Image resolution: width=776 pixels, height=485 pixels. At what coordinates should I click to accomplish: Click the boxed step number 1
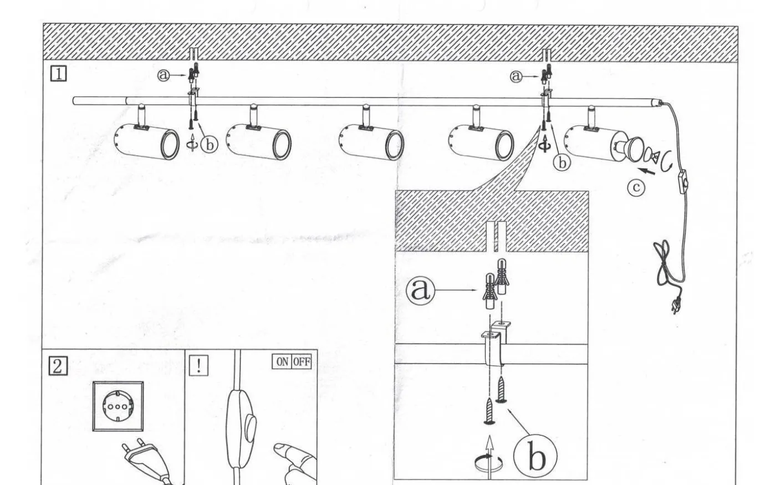59,74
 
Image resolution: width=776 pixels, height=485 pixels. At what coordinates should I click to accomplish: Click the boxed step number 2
58,366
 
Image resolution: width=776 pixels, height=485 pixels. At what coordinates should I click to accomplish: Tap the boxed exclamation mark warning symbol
199,366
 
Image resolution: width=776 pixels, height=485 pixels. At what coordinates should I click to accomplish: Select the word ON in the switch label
282,361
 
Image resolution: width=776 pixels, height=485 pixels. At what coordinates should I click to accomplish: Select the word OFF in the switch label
302,361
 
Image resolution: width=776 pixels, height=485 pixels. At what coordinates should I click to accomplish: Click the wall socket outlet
118,406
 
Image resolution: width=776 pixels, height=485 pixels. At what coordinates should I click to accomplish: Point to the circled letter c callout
636,187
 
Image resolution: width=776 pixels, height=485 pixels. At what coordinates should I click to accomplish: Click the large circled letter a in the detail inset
420,290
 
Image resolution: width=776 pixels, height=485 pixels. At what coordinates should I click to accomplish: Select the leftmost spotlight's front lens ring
170,144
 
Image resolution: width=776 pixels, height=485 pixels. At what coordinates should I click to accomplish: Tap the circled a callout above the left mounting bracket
164,75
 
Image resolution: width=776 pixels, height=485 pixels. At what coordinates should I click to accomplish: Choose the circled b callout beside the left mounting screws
210,145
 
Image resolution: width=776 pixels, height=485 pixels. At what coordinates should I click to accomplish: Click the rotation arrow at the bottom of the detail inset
488,463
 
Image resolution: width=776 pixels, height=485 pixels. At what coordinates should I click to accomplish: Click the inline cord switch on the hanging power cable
682,182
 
